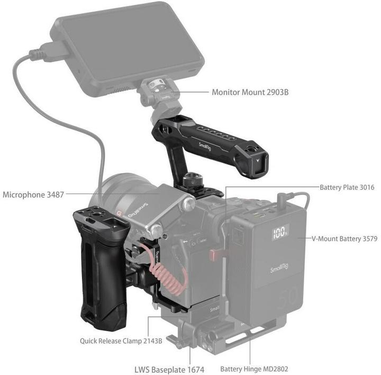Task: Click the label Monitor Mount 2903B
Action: tap(250, 92)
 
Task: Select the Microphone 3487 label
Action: tap(33, 195)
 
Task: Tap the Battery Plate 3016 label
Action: tap(347, 187)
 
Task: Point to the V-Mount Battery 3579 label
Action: tap(344, 239)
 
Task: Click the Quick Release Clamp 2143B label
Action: tap(121, 341)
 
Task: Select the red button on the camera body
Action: tap(214, 255)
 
